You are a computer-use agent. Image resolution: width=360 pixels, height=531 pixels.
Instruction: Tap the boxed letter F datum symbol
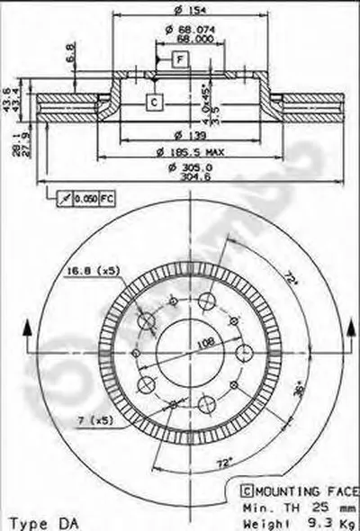click(181, 59)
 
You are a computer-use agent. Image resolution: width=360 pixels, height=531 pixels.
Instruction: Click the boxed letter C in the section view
click(154, 102)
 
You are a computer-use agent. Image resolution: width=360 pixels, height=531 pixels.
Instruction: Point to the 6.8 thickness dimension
click(71, 54)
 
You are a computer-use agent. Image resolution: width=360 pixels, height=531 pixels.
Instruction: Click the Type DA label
click(34, 521)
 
